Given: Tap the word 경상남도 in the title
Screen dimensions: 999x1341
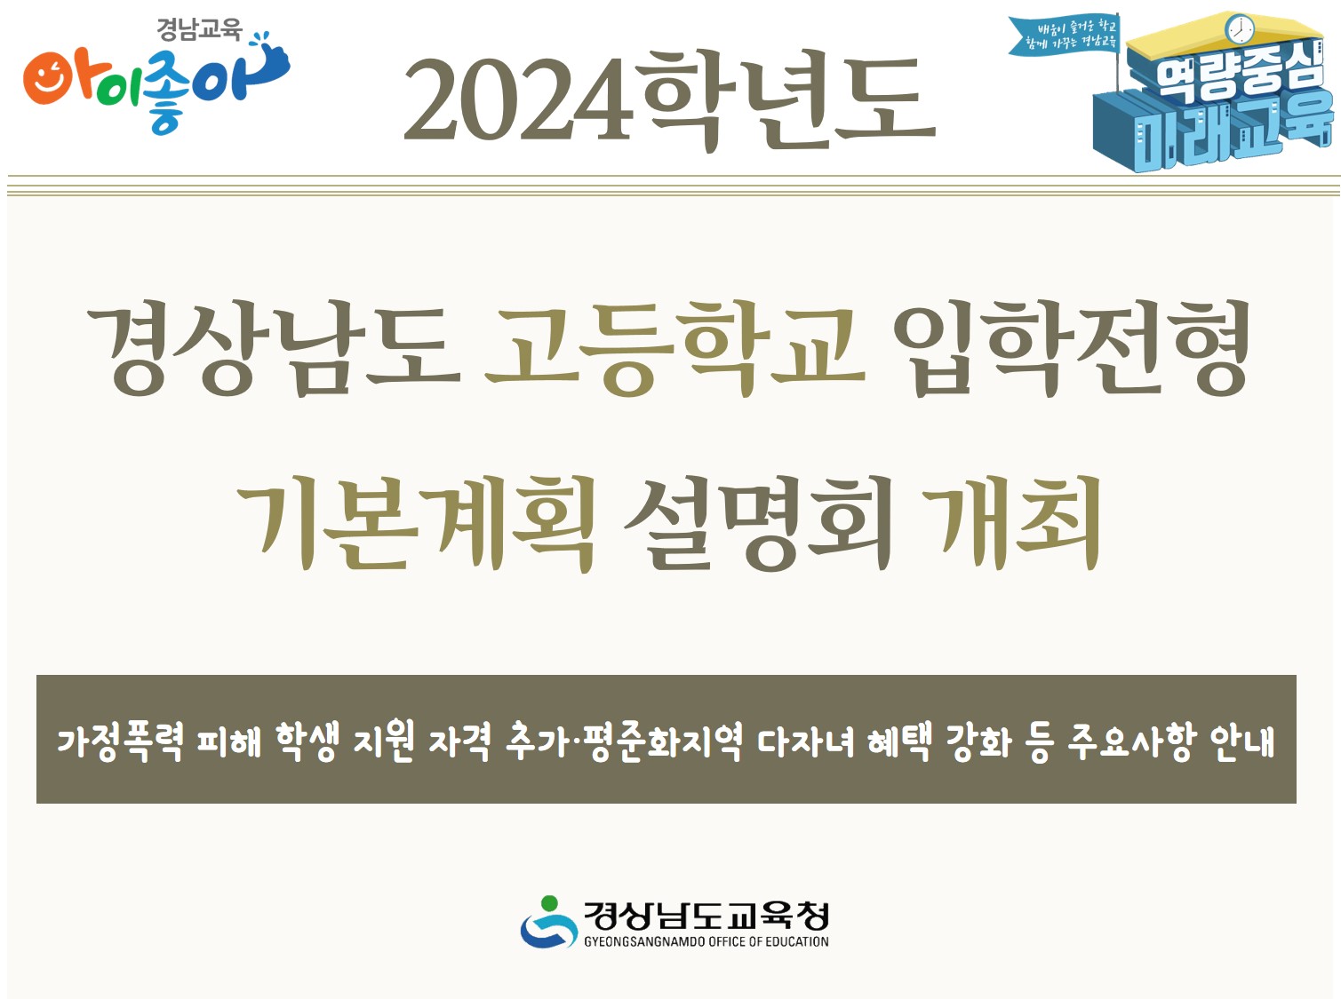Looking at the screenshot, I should [274, 348].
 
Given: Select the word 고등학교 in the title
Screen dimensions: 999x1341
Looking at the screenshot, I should [674, 348].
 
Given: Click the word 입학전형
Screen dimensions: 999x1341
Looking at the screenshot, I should [1071, 348].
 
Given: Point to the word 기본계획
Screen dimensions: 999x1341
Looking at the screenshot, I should [414, 524].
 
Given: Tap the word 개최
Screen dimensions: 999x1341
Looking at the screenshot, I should [1012, 524].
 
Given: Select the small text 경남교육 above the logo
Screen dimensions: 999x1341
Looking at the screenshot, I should [199, 30].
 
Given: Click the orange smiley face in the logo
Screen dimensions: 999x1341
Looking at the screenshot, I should [48, 78].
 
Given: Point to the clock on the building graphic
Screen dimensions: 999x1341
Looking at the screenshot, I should [1238, 30].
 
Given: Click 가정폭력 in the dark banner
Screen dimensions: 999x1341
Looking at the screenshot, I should [120, 741].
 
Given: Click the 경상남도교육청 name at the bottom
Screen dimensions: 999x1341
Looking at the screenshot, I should [706, 915].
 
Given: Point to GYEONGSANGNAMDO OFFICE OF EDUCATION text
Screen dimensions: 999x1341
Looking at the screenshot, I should [706, 941].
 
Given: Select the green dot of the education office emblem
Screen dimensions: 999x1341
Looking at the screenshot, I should [549, 903].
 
